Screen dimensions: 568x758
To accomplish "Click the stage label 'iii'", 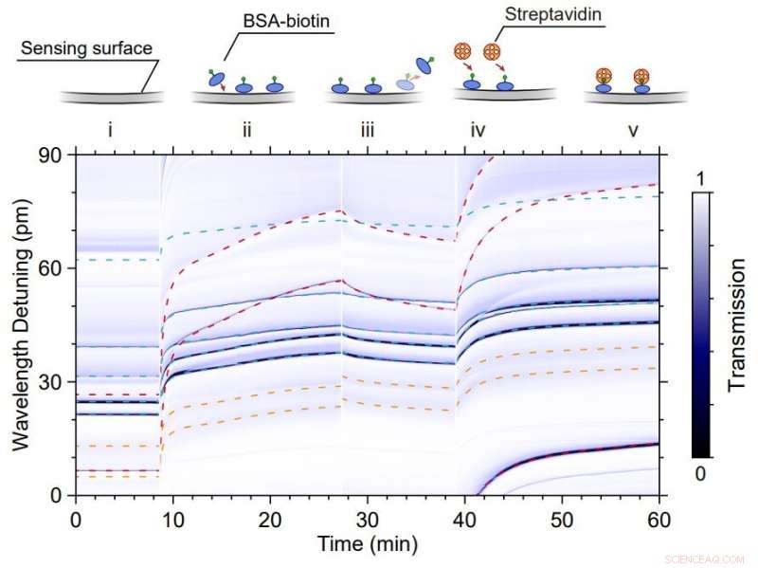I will [367, 131].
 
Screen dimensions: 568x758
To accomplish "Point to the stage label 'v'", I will [632, 131].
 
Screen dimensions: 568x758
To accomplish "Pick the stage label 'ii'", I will [246, 131].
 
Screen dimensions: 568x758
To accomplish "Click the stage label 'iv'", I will [478, 131].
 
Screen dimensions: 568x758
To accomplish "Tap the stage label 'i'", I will [111, 131].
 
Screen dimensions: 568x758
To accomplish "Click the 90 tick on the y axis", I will [52, 155].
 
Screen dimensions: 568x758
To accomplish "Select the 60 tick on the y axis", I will [52, 268].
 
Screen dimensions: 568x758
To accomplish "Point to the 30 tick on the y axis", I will [52, 382].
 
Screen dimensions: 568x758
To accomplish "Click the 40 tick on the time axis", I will [464, 519].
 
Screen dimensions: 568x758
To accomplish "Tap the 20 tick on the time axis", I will [270, 519].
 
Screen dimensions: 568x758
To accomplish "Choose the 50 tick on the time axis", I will [562, 519].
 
